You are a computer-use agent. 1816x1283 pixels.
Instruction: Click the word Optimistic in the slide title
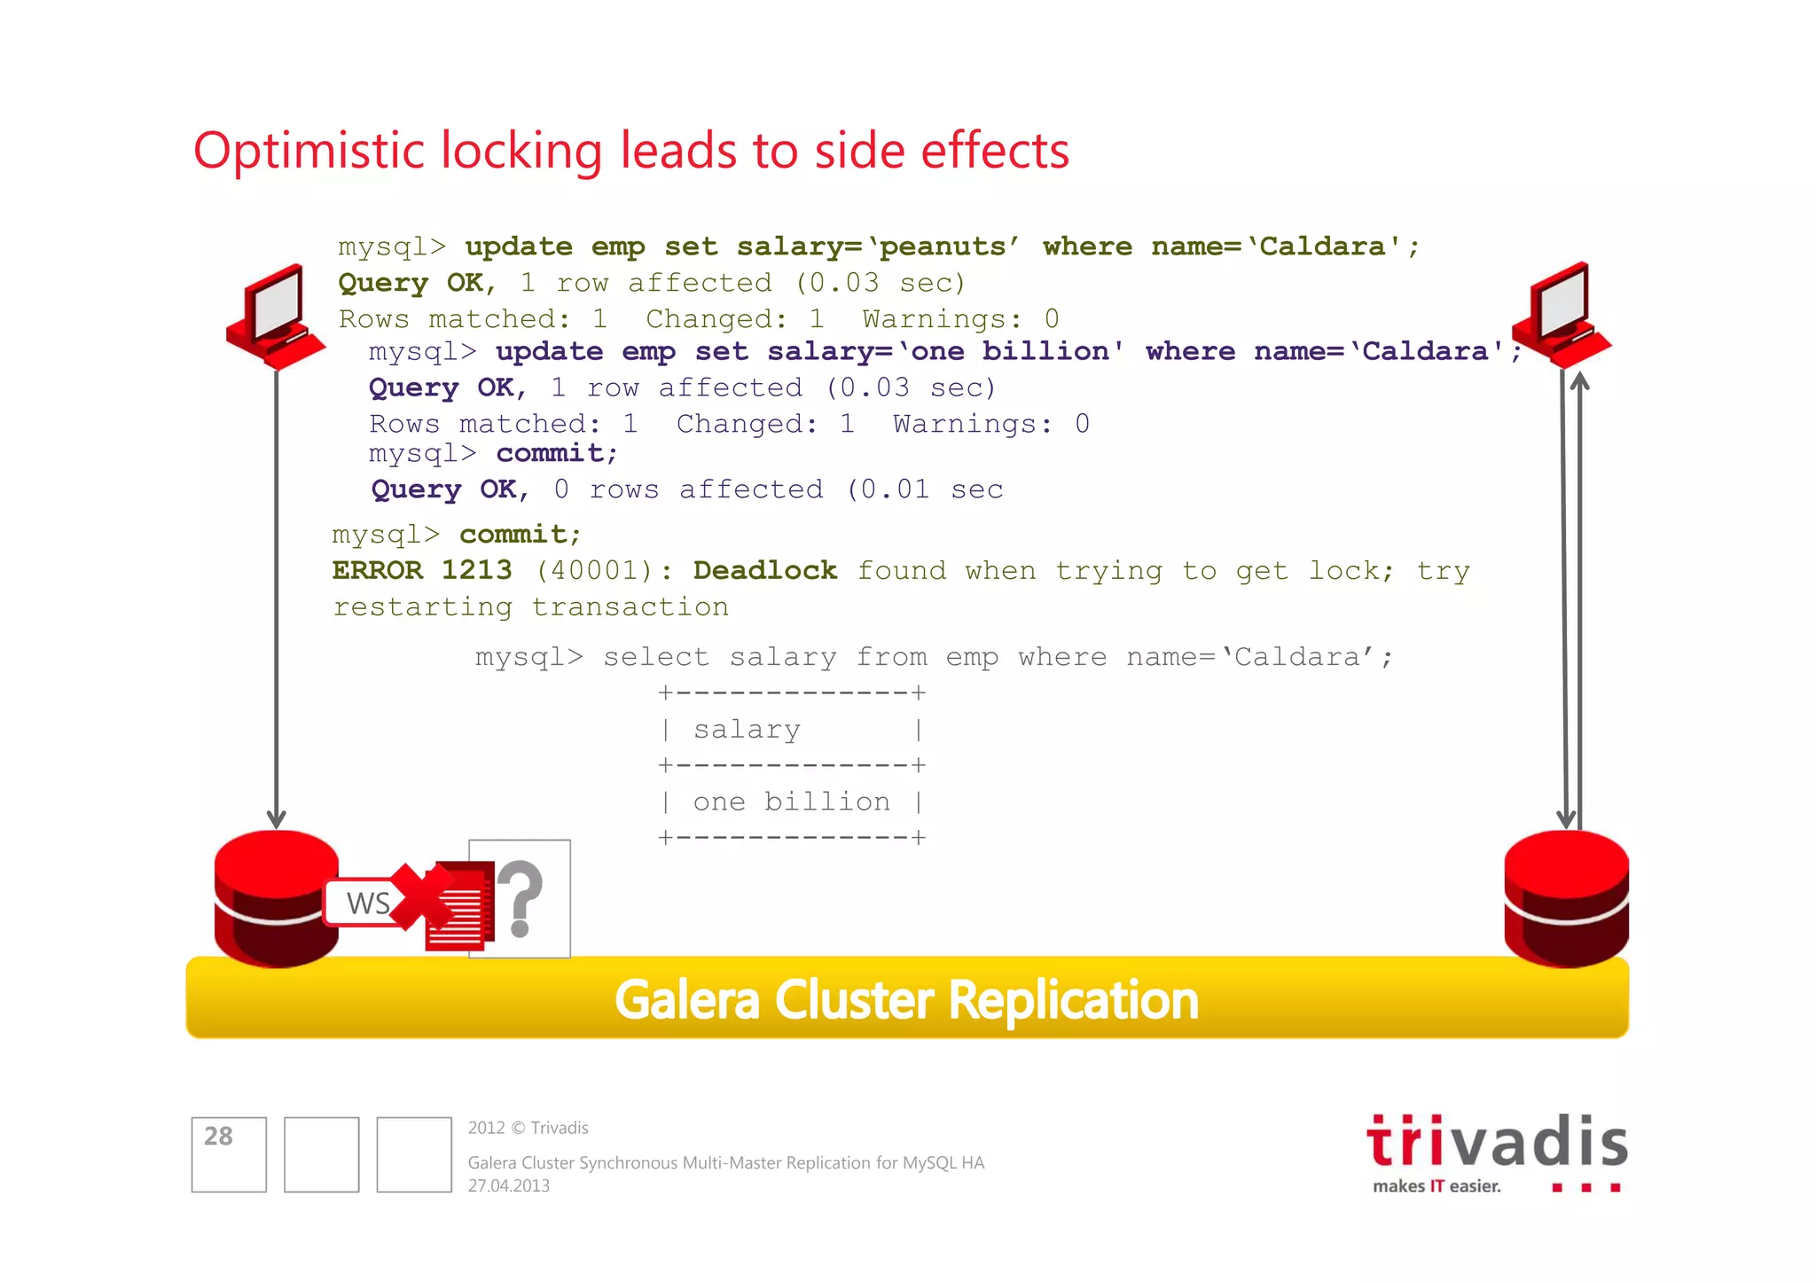pos(309,151)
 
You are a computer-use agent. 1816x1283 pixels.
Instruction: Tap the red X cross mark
pos(421,897)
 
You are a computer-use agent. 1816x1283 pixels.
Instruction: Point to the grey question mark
pos(521,897)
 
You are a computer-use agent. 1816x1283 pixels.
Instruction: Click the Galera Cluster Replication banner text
pos(906,1000)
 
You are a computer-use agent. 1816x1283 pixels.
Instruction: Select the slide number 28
pos(218,1136)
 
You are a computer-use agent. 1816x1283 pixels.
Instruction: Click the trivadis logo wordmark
pos(1497,1142)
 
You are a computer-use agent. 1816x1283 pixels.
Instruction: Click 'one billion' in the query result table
pos(791,802)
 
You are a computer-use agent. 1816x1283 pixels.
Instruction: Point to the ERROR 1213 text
pos(422,570)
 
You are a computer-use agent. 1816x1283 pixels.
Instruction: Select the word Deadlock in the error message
pos(764,570)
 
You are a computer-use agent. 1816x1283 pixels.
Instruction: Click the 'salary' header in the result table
pos(747,730)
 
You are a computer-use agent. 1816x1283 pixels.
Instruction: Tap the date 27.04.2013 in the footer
pos(509,1185)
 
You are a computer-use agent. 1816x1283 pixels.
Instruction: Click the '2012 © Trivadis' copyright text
pos(528,1128)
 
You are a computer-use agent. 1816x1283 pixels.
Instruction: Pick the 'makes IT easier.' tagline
pos(1436,1186)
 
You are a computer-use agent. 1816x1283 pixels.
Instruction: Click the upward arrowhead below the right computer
pos(1579,381)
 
